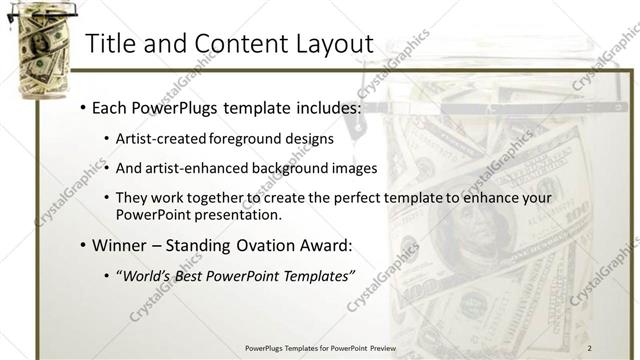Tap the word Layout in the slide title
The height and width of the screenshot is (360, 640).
click(329, 44)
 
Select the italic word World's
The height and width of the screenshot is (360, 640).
click(146, 276)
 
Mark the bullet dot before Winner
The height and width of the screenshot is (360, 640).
click(81, 245)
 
